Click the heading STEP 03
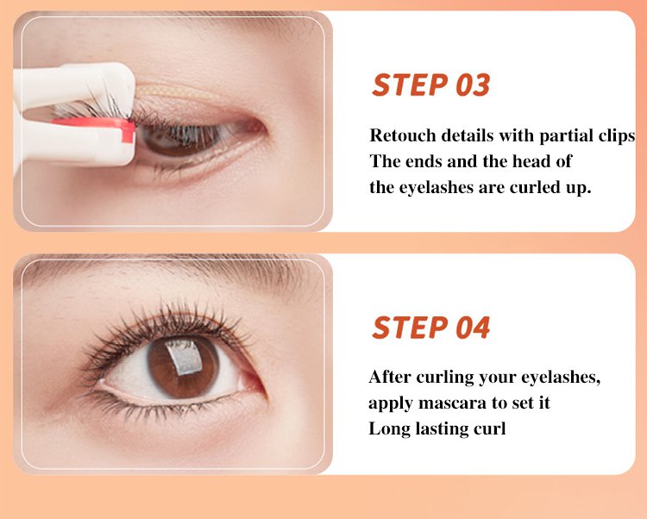[x=430, y=85]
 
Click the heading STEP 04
[x=430, y=328]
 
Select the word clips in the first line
[x=617, y=136]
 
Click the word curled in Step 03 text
[x=530, y=187]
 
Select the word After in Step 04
[x=390, y=377]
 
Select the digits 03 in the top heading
[x=473, y=85]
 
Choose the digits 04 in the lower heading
[x=473, y=328]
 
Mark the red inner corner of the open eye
[x=253, y=382]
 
